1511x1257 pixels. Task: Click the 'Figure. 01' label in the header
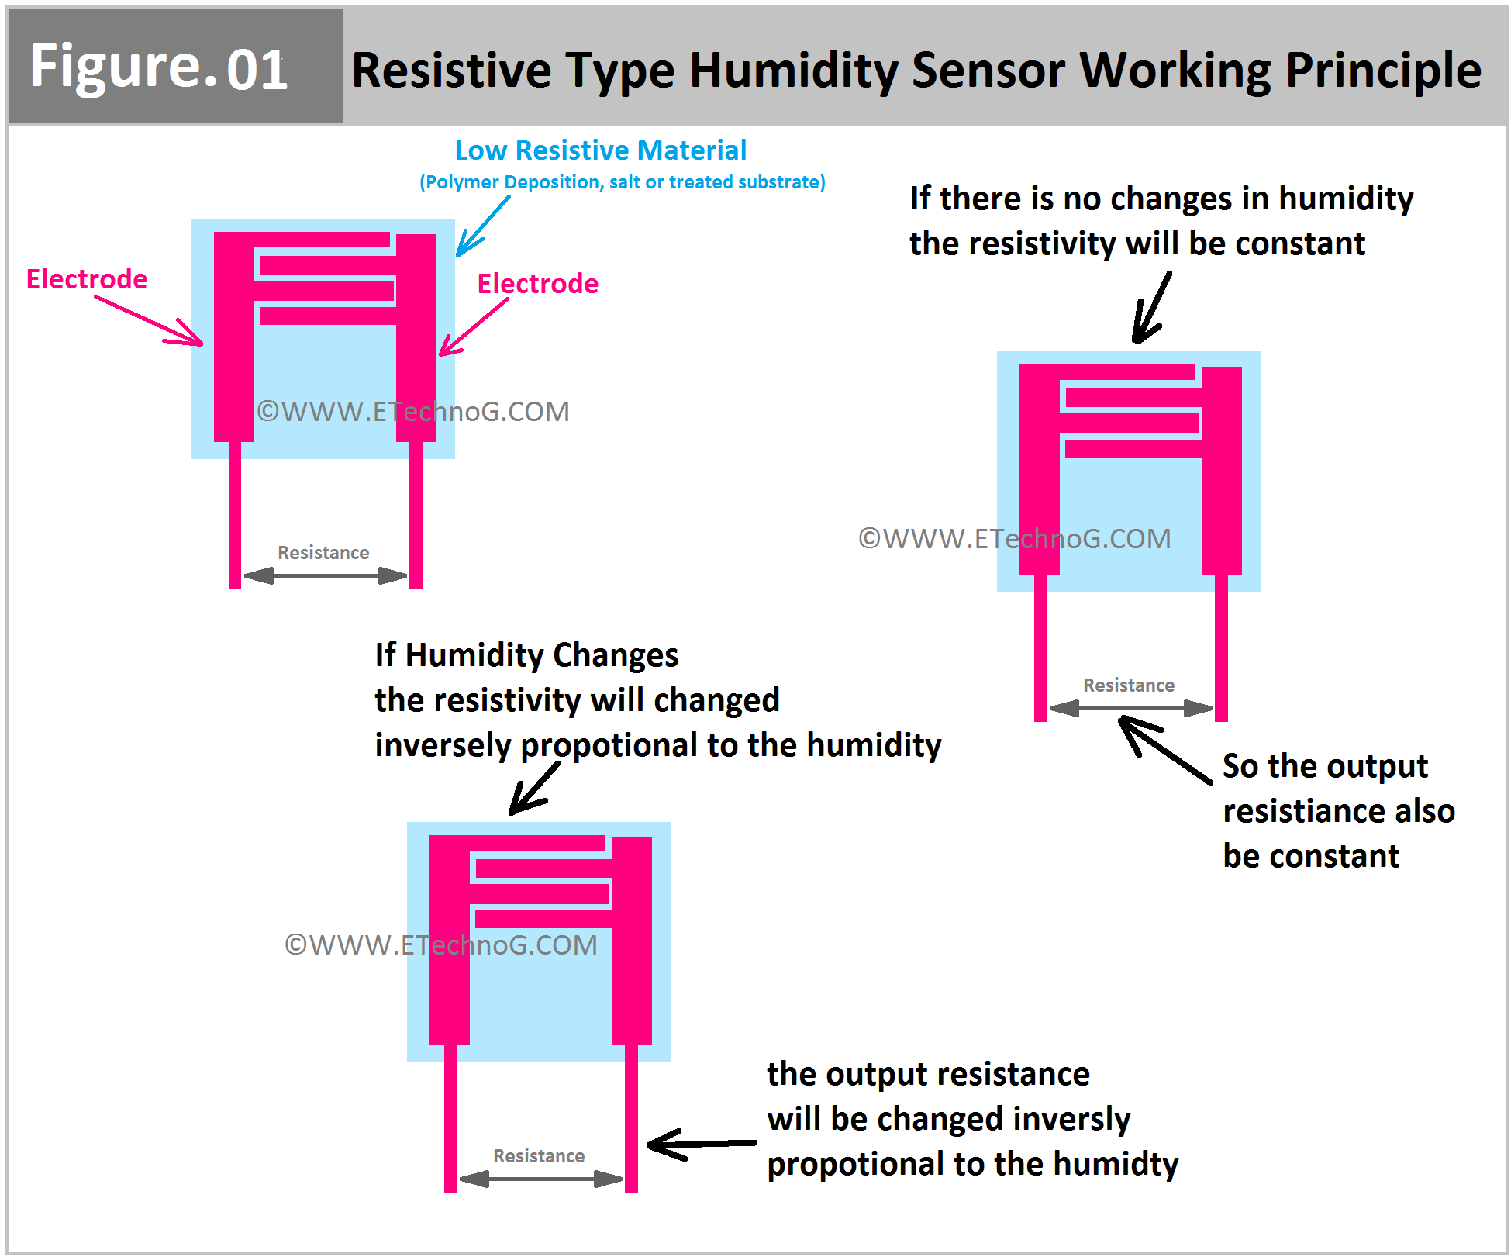159,67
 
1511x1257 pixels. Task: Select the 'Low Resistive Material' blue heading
600,150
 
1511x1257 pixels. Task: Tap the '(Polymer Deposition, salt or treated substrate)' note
622,182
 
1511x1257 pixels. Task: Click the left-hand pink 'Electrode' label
87,279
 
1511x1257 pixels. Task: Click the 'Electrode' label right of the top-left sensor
537,284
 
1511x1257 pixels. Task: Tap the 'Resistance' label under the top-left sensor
323,553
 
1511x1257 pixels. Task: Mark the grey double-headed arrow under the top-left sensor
325,575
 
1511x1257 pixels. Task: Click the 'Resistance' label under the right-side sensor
1128,685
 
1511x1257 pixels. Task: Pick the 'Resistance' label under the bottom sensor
539,1156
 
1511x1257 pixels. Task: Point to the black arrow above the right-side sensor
1151,309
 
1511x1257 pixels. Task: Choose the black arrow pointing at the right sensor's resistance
1163,748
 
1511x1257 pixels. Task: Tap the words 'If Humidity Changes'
526,655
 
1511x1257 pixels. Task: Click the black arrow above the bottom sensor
534,789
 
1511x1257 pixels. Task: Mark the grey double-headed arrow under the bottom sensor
540,1179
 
